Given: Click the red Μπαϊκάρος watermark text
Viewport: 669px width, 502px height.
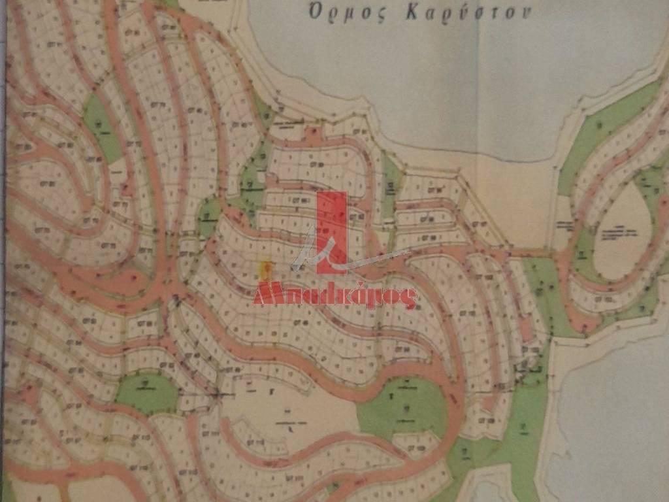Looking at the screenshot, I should [x=334, y=295].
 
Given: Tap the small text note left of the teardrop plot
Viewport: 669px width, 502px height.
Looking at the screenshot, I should [x=564, y=226].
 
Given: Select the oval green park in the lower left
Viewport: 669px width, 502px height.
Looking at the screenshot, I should [x=147, y=392].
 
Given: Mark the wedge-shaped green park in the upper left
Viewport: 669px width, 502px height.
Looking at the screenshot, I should [x=101, y=127].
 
